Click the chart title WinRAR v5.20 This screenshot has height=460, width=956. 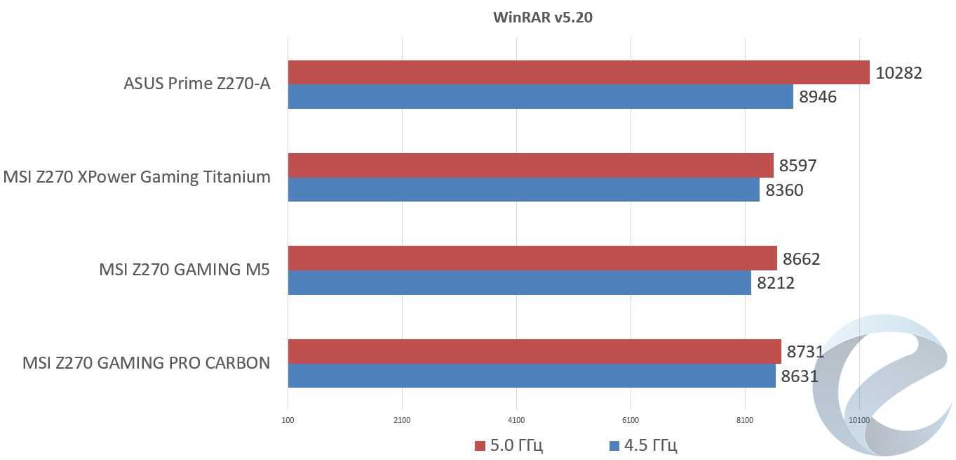click(542, 18)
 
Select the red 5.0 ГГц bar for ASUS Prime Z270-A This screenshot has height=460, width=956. click(579, 72)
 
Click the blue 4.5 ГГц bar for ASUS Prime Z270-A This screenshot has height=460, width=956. click(540, 97)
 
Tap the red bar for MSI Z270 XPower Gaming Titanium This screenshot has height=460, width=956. click(530, 166)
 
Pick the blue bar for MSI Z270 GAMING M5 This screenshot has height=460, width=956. click(519, 283)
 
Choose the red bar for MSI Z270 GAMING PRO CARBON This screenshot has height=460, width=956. click(534, 351)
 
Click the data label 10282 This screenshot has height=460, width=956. click(898, 72)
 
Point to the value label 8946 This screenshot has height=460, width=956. click(818, 97)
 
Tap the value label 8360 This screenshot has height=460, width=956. click(784, 190)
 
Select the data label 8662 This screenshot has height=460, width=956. click(801, 259)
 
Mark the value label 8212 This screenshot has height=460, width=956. click(775, 283)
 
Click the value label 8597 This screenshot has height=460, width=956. click(797, 166)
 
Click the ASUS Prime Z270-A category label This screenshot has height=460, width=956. click(196, 84)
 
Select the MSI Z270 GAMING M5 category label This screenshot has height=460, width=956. click(184, 270)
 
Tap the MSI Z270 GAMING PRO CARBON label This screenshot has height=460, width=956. click(146, 363)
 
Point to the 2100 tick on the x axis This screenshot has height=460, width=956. click(402, 420)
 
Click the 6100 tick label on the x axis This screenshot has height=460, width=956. click(631, 420)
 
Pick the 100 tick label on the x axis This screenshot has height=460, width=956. click(288, 420)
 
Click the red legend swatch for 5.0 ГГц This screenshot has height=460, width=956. click(480, 445)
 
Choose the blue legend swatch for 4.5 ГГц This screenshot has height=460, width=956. click(614, 445)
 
